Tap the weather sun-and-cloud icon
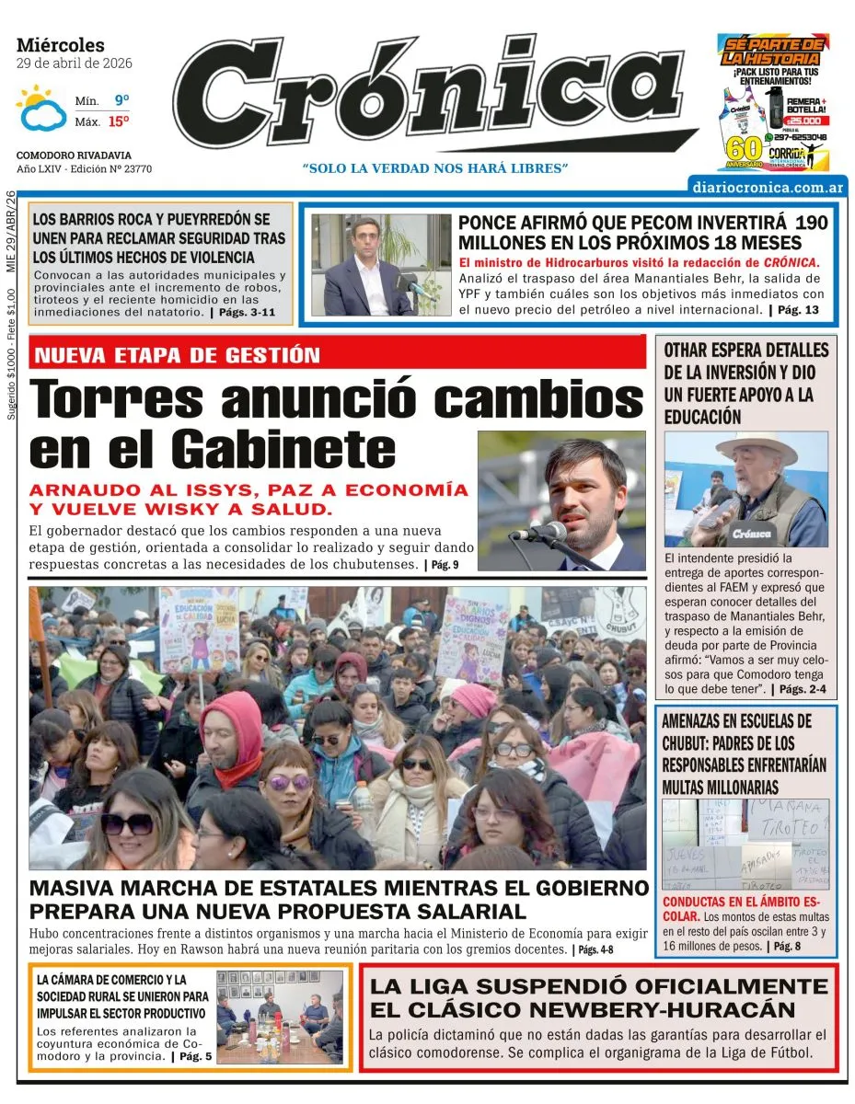pos(41,109)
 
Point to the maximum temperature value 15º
pos(119,121)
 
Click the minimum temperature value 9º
pos(121,100)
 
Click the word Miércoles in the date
pos(61,45)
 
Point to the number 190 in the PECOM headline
pos(811,223)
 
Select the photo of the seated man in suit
pos(368,265)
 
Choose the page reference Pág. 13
pos(797,310)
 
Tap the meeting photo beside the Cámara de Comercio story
pos(280,1017)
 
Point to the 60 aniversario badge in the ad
pos(744,151)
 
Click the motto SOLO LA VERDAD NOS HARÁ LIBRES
pos(435,168)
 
